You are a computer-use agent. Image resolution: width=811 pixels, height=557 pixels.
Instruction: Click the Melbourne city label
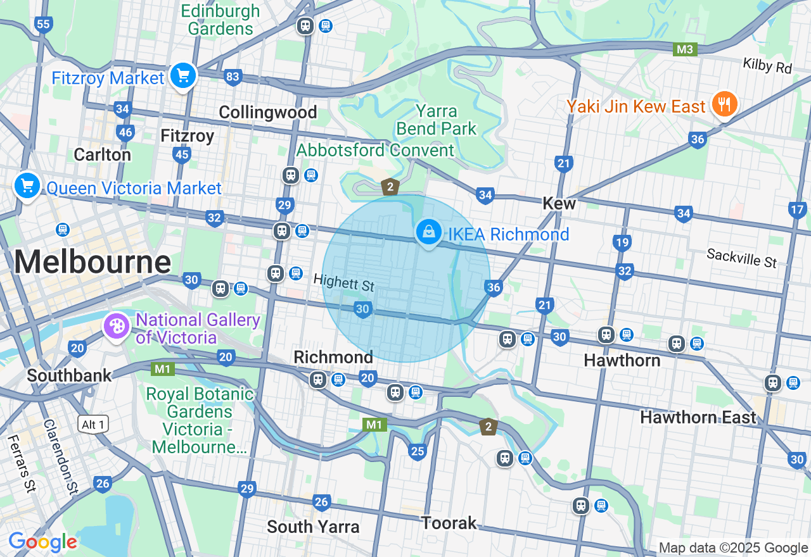pyautogui.click(x=93, y=261)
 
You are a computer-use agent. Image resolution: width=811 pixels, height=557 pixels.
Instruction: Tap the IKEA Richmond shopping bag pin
pyautogui.click(x=429, y=232)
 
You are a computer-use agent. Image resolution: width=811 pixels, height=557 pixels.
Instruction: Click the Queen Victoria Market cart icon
pyautogui.click(x=27, y=186)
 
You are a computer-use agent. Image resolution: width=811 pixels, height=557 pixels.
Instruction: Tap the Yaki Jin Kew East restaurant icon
pyautogui.click(x=724, y=104)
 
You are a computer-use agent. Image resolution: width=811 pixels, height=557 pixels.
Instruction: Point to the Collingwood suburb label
pyautogui.click(x=267, y=112)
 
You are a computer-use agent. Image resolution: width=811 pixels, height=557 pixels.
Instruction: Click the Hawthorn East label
pyautogui.click(x=698, y=417)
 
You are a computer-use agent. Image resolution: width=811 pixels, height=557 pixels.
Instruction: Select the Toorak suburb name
pyautogui.click(x=449, y=523)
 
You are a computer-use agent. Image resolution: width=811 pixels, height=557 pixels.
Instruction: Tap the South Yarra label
pyautogui.click(x=313, y=526)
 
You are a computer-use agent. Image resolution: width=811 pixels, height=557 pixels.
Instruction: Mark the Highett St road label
pyautogui.click(x=344, y=282)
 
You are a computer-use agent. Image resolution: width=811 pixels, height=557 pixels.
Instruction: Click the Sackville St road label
pyautogui.click(x=741, y=257)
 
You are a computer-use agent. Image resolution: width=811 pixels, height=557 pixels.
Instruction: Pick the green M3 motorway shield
pyautogui.click(x=685, y=49)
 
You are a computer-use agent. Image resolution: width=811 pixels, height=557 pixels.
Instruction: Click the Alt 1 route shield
pyautogui.click(x=93, y=424)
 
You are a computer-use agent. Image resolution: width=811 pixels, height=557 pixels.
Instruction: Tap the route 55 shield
pyautogui.click(x=43, y=25)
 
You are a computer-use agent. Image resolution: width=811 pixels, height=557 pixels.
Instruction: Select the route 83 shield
pyautogui.click(x=233, y=77)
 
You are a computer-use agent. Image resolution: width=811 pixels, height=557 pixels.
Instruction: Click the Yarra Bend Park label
pyautogui.click(x=436, y=120)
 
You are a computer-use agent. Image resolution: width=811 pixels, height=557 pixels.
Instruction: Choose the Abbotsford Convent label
pyautogui.click(x=375, y=150)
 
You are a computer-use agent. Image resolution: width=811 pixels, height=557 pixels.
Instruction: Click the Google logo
pyautogui.click(x=42, y=542)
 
